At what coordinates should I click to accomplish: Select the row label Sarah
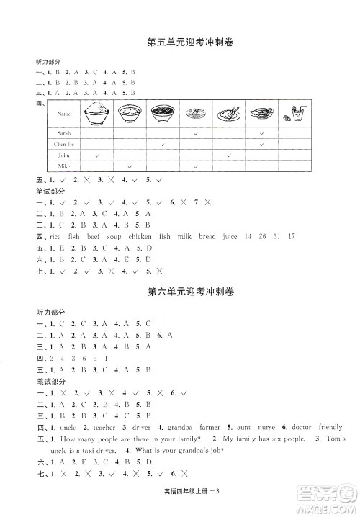coord(55,133)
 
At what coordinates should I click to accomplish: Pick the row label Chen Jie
coord(58,144)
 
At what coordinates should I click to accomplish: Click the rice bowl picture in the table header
coord(96,113)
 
